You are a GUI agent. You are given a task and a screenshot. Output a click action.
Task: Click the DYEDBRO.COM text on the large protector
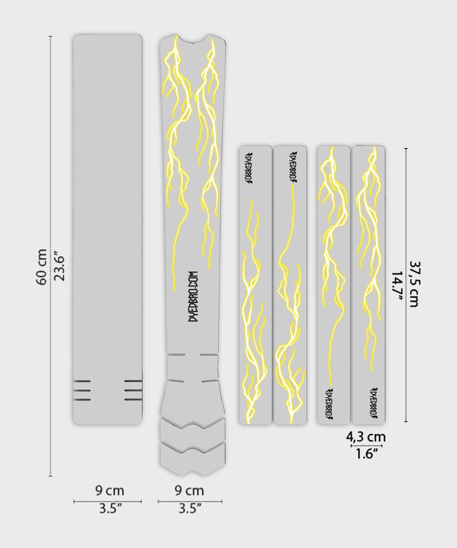point(194,297)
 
